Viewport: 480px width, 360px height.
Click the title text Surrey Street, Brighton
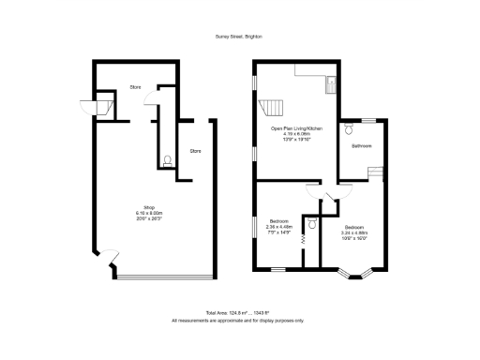pos(239,37)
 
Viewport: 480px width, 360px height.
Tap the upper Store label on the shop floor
pos(136,87)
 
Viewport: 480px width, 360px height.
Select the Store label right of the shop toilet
pos(195,151)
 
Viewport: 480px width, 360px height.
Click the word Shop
pos(148,206)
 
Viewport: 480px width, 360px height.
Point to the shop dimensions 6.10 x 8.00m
pos(148,213)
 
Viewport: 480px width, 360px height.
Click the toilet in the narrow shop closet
pos(166,161)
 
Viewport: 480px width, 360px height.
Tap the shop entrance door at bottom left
pos(109,256)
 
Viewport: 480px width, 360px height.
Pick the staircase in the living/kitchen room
pos(271,105)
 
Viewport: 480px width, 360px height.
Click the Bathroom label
pos(362,146)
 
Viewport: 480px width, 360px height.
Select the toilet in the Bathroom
pos(348,125)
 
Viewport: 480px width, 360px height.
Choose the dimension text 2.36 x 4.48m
pos(279,226)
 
